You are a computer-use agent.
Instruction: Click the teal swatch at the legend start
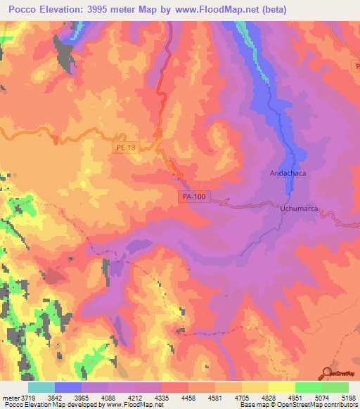41,387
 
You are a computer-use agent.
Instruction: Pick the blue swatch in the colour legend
67,387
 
